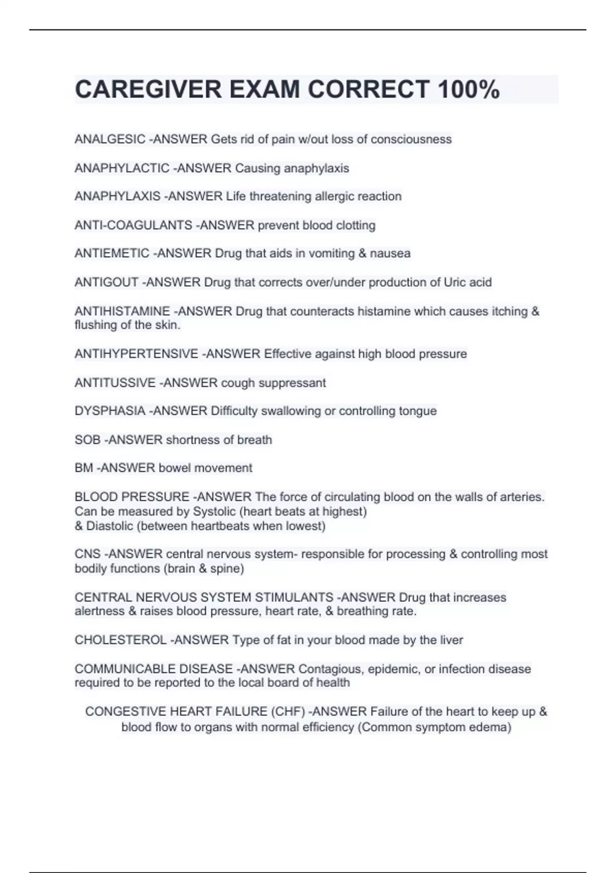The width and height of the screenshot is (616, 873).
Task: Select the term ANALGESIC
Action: (x=110, y=140)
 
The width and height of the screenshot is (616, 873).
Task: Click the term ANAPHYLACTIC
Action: (x=122, y=168)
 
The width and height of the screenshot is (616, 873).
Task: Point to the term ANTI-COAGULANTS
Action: (x=133, y=225)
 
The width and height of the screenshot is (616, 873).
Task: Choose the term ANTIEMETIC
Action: (x=112, y=254)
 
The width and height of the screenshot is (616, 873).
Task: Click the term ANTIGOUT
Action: (x=106, y=282)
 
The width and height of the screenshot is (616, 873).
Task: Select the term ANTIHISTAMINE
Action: (x=122, y=311)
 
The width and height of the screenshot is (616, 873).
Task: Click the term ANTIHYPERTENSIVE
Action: (x=136, y=354)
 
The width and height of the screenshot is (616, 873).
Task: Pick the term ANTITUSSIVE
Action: (x=115, y=383)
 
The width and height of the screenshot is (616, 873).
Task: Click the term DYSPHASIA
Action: (x=110, y=411)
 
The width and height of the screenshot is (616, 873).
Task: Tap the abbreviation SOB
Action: (x=87, y=440)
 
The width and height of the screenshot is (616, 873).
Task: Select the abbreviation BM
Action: (x=84, y=468)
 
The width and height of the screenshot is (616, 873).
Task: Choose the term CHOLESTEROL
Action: (x=121, y=640)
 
